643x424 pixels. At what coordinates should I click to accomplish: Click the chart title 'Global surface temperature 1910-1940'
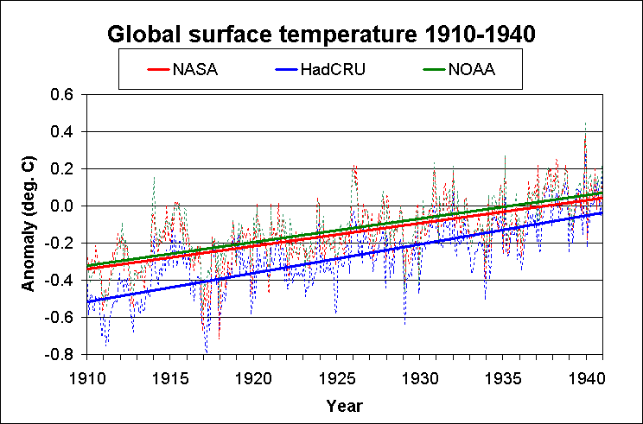pyautogui.click(x=321, y=35)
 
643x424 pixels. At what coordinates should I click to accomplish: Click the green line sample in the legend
pyautogui.click(x=430, y=69)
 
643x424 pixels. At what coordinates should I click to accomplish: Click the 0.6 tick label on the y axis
pyautogui.click(x=66, y=95)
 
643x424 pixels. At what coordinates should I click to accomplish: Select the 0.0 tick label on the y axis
pyautogui.click(x=66, y=206)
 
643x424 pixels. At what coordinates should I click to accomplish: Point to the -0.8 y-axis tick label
pyautogui.click(x=63, y=355)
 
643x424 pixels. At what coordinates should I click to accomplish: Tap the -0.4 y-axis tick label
pyautogui.click(x=63, y=281)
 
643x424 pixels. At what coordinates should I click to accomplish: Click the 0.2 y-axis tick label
pyautogui.click(x=66, y=169)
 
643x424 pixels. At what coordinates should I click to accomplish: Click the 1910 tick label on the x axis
pyautogui.click(x=86, y=377)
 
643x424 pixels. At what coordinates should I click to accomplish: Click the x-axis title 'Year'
pyautogui.click(x=344, y=405)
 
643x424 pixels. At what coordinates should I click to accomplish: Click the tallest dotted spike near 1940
pyautogui.click(x=585, y=126)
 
